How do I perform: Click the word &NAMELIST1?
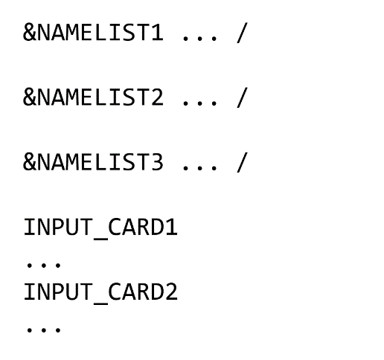click(x=93, y=33)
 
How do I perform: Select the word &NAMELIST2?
click(x=93, y=97)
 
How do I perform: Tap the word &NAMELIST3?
click(x=93, y=162)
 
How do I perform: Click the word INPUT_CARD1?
click(x=100, y=228)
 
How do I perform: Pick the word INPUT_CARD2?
click(x=100, y=292)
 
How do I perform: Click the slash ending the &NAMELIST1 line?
click(x=243, y=33)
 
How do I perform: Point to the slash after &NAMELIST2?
click(x=243, y=97)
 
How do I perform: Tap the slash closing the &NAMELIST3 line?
click(x=243, y=162)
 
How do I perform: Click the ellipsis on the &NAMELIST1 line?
click(x=199, y=39)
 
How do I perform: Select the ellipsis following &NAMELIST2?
click(x=199, y=103)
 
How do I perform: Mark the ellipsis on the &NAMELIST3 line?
click(x=199, y=168)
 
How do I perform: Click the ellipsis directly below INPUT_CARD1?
click(x=44, y=265)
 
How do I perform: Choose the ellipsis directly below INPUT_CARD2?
click(x=44, y=330)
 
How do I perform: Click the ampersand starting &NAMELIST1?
click(x=30, y=33)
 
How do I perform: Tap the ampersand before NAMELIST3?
click(x=30, y=162)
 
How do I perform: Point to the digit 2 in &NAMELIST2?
click(x=156, y=97)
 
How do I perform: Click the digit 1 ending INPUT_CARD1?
click(x=171, y=227)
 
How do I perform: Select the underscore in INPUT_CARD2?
click(x=100, y=303)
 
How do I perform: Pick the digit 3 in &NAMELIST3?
click(x=156, y=162)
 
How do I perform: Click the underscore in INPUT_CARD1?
click(x=100, y=239)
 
